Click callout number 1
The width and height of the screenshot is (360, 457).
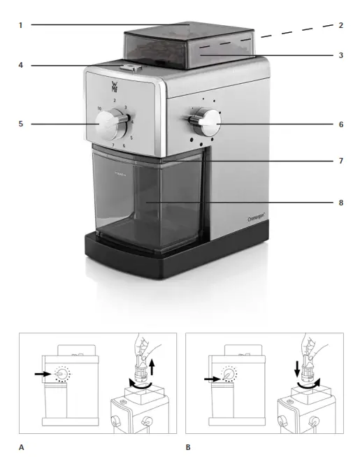pos(21,25)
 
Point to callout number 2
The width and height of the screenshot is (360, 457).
pos(340,25)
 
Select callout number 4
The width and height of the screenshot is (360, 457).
pos(21,66)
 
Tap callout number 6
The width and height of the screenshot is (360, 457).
pos(340,124)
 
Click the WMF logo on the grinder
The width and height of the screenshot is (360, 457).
pos(115,88)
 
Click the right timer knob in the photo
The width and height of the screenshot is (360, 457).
pos(207,124)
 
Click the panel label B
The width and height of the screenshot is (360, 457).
pos(188,445)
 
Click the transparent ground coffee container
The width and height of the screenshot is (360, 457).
pos(150,203)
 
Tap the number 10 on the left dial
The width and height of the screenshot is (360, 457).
pos(100,108)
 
